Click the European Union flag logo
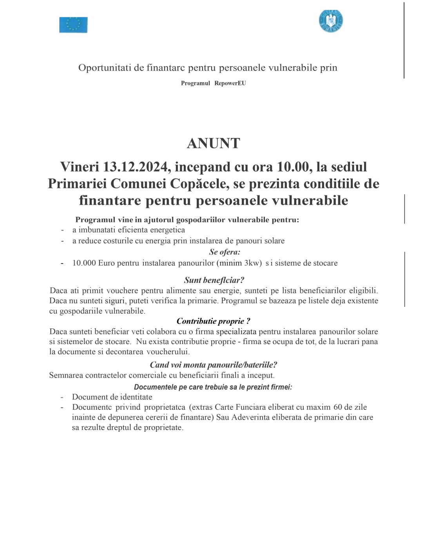click(x=73, y=25)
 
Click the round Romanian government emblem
click(x=331, y=21)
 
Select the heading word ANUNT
click(x=213, y=143)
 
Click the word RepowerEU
click(x=230, y=83)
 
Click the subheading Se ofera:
click(x=225, y=252)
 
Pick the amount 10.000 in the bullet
click(x=84, y=263)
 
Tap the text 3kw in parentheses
click(x=252, y=263)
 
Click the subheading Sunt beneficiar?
click(x=214, y=280)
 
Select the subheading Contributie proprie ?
click(x=213, y=321)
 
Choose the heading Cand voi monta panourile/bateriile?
click(x=213, y=365)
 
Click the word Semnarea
click(x=66, y=375)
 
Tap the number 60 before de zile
click(x=337, y=407)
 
